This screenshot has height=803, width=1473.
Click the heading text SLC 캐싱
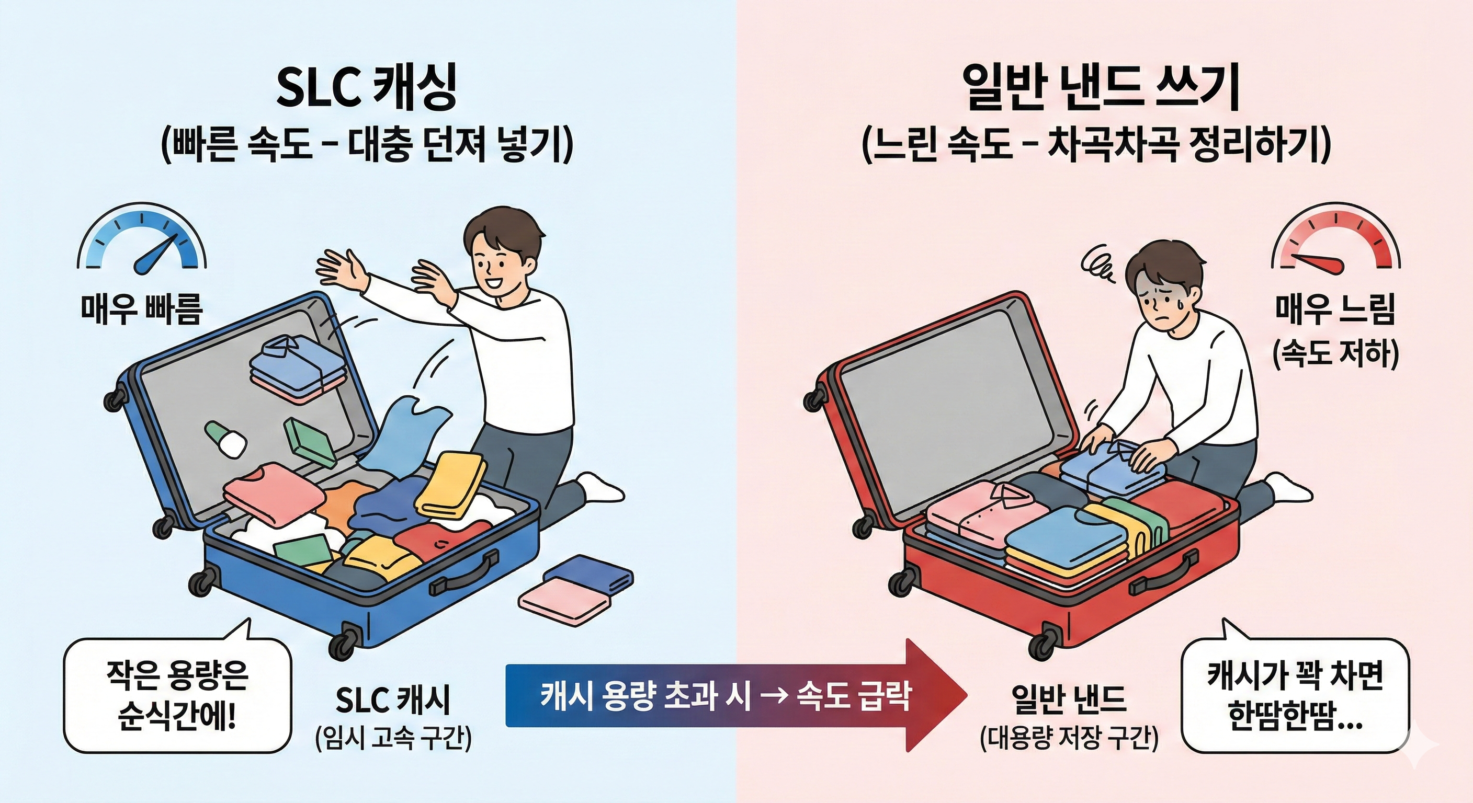367,90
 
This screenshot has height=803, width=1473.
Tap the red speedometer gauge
1336,243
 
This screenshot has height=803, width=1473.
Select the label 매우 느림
1336,309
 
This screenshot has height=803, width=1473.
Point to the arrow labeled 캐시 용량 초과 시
736,695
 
